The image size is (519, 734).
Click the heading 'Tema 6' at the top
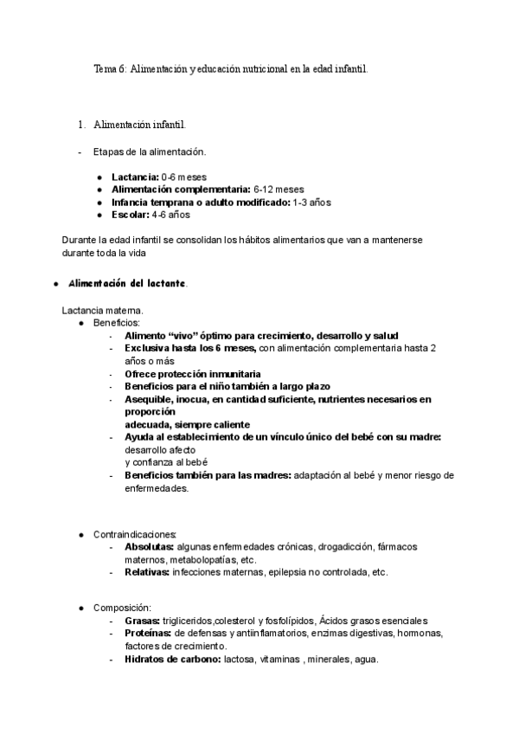(x=110, y=68)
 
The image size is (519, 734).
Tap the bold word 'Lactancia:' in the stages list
(x=135, y=177)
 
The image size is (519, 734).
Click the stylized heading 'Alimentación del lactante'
(x=126, y=284)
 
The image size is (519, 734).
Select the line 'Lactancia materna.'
(x=103, y=310)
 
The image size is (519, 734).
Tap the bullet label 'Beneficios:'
(x=117, y=323)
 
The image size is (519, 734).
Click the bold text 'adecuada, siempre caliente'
(x=187, y=424)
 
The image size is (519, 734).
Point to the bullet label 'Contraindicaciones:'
(x=135, y=534)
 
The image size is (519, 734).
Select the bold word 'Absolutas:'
(x=149, y=547)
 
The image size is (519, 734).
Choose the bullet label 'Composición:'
(x=123, y=608)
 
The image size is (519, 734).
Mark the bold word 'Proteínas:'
(x=148, y=634)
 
